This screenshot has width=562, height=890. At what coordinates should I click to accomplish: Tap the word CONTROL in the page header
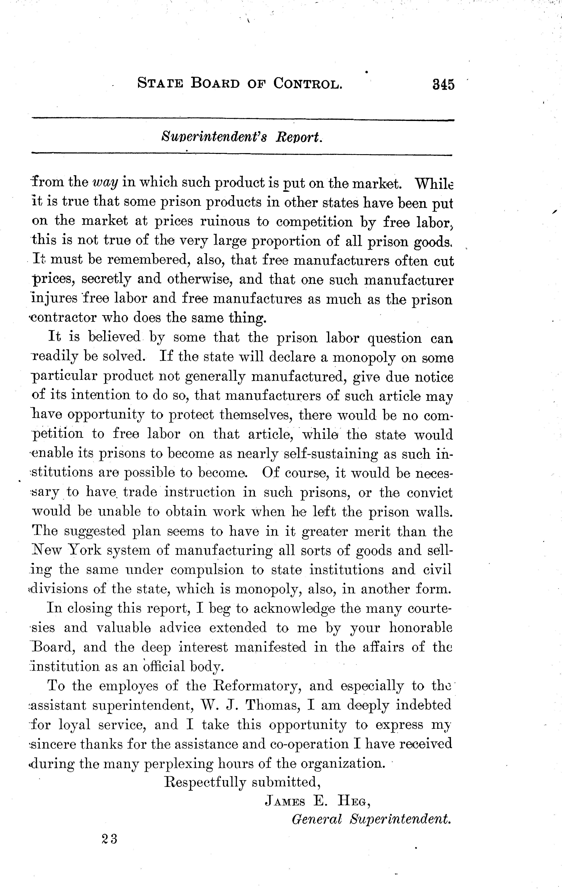pyautogui.click(x=307, y=84)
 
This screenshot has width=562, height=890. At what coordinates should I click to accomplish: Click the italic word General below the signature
pyautogui.click(x=317, y=820)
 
